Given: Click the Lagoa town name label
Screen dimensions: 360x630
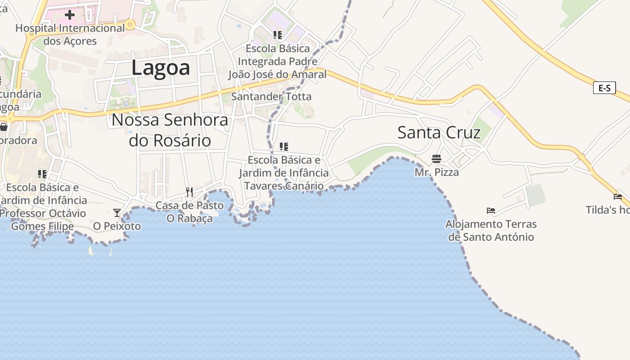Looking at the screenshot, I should click(x=161, y=68).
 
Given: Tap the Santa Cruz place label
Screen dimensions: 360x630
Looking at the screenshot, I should click(x=439, y=133).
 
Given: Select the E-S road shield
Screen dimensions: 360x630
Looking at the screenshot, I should click(x=604, y=88).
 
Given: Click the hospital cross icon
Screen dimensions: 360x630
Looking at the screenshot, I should click(x=69, y=15).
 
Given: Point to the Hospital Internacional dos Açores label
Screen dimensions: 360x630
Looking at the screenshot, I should click(x=70, y=35).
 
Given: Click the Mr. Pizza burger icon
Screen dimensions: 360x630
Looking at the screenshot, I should click(x=436, y=159).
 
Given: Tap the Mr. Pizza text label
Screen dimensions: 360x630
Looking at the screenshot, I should click(x=436, y=172).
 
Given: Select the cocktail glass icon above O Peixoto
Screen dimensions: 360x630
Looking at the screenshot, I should click(x=117, y=213).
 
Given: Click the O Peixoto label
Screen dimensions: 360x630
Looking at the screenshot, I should click(x=117, y=226).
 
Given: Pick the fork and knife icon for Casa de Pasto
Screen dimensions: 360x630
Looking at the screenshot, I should click(x=189, y=192).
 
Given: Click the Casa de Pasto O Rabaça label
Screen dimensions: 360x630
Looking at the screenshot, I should click(x=189, y=212).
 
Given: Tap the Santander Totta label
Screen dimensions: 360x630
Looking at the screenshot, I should click(x=271, y=96).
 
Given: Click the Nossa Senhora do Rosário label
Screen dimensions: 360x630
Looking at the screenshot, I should click(x=170, y=130).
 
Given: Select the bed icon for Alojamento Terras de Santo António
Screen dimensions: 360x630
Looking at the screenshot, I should click(x=491, y=210).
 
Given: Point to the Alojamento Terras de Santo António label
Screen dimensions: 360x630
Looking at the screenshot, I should click(x=491, y=230).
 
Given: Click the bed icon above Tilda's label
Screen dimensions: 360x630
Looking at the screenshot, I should click(x=618, y=196).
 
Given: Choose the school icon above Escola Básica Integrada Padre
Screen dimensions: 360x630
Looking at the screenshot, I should click(x=278, y=35).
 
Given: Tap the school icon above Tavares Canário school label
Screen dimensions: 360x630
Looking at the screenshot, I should click(x=283, y=146).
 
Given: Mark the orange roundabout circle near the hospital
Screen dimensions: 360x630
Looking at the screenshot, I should click(x=130, y=24).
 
